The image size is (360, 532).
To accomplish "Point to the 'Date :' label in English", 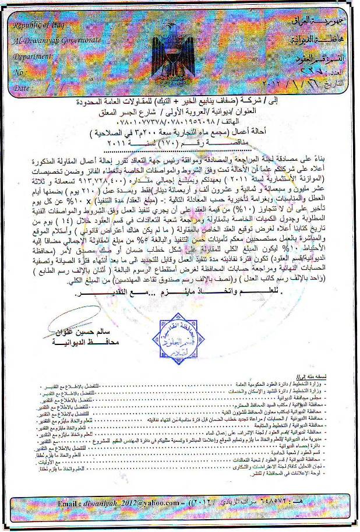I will pos(23,88).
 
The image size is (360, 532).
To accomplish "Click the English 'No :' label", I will pos(20,73).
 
